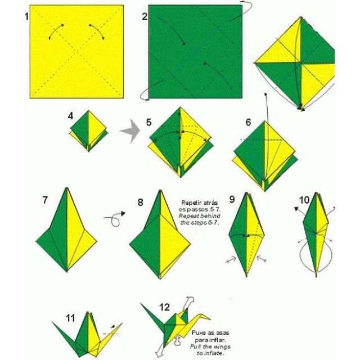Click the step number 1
tap(26, 16)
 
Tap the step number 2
tap(145, 16)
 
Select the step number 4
tap(70, 116)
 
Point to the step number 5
tap(148, 123)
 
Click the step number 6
tap(248, 123)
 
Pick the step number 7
tap(45, 200)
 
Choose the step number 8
tap(140, 202)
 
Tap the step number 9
tap(232, 199)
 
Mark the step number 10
tap(304, 200)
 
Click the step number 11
tap(70, 318)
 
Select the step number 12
tap(164, 307)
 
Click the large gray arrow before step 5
tap(130, 131)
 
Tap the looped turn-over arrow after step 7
tap(115, 219)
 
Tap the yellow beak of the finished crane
tap(205, 317)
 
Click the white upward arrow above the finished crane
tap(188, 303)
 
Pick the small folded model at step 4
tap(89, 131)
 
